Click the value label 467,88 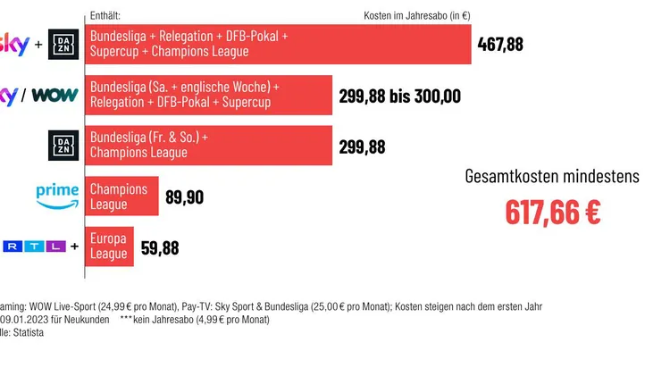(500, 44)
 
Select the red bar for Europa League (110, 246)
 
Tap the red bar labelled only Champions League (122, 196)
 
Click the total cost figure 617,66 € (552, 212)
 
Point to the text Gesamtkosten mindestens (552, 176)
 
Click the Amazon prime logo (57, 196)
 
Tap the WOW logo (55, 96)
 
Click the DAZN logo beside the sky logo (63, 44)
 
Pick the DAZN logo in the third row (63, 146)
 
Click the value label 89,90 (185, 196)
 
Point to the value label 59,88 (160, 247)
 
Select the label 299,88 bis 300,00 (400, 96)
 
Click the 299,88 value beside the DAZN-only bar (363, 146)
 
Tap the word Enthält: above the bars (105, 16)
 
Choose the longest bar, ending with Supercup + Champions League (279, 44)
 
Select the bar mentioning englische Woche (209, 95)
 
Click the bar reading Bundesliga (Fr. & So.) (209, 146)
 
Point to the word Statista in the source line (29, 332)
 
